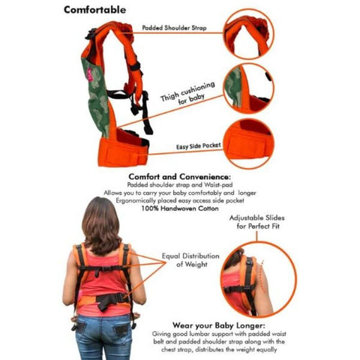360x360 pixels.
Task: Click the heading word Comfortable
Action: tap(94, 10)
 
